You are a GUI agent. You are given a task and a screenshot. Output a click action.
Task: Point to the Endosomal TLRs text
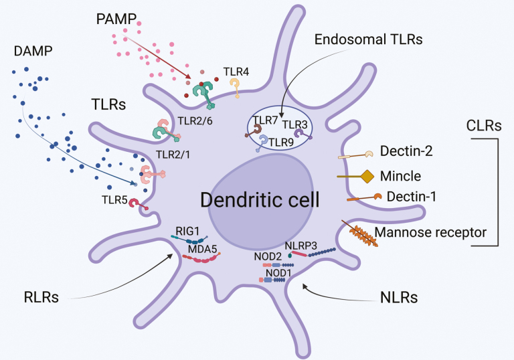coord(368,39)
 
